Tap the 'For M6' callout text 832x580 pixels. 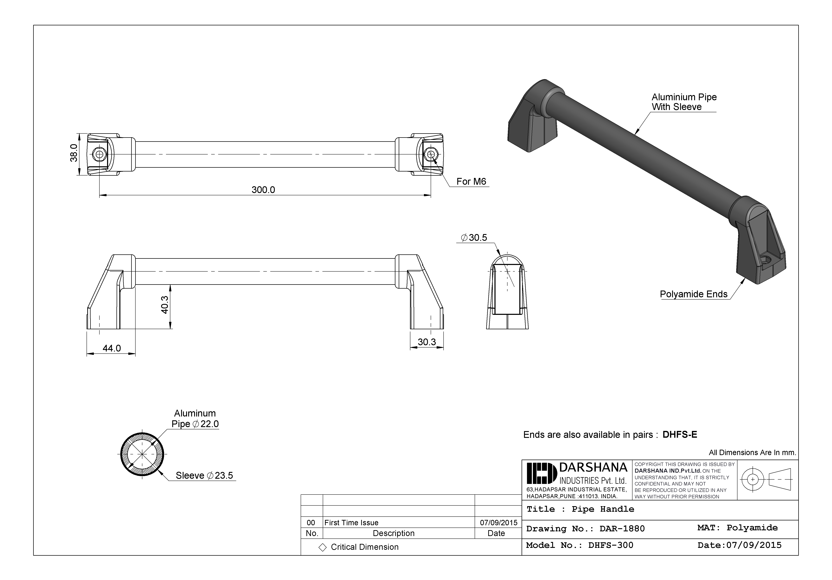(x=471, y=182)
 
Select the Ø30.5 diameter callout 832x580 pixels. (x=474, y=238)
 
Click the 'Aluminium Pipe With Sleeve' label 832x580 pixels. (x=684, y=102)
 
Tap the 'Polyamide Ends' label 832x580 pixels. (x=693, y=294)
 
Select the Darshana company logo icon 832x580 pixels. (x=541, y=473)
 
